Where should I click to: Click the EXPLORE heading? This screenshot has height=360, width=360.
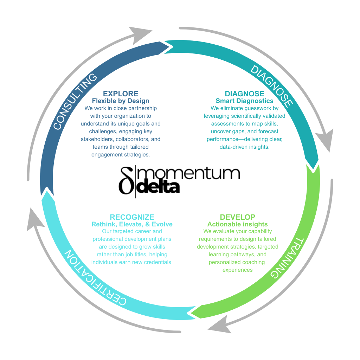click(x=121, y=94)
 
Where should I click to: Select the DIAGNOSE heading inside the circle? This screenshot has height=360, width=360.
click(x=245, y=94)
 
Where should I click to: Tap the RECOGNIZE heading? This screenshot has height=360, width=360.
click(x=132, y=217)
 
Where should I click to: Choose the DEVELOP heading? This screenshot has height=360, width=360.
click(x=238, y=217)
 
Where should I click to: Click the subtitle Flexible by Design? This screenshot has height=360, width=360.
click(x=121, y=101)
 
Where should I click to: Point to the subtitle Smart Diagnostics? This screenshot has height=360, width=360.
click(x=245, y=101)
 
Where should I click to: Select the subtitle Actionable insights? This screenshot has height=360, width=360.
click(x=238, y=224)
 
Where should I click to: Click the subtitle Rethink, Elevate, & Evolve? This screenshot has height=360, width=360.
click(x=132, y=224)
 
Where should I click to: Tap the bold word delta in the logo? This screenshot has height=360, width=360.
click(x=158, y=187)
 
